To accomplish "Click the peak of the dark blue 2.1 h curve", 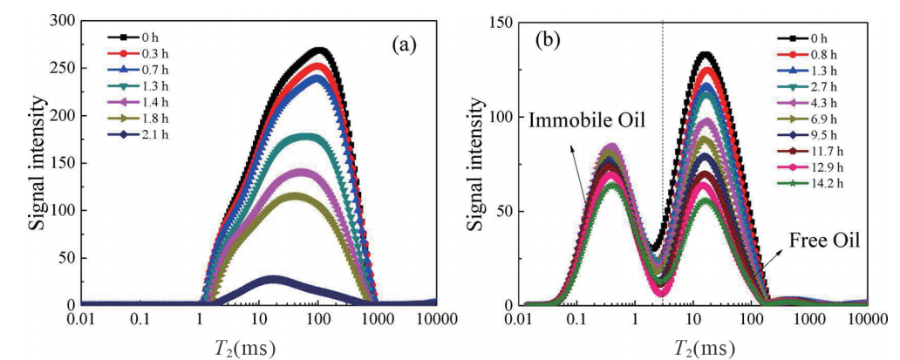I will coord(273,280).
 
